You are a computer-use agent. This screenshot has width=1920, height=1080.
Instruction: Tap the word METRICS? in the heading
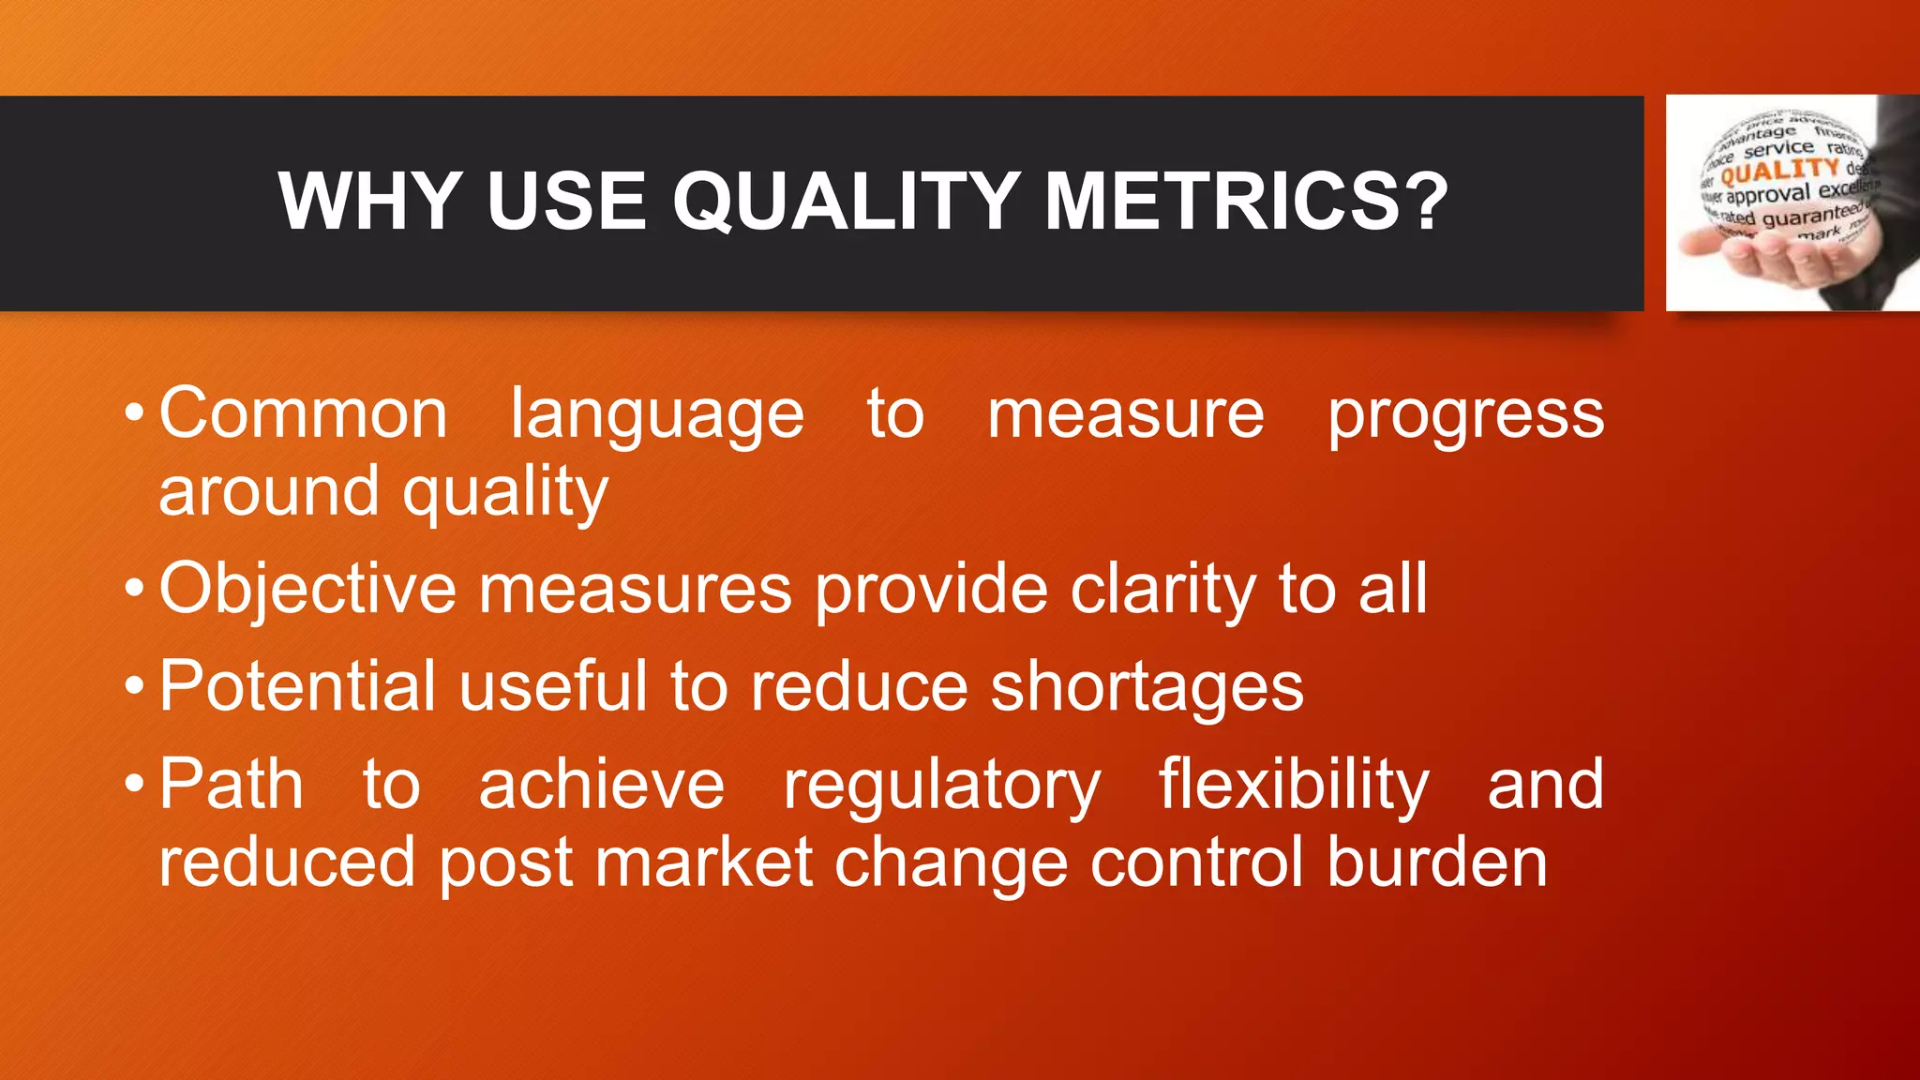[x=1246, y=202]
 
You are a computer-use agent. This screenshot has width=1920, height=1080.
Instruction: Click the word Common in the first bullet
[x=303, y=413]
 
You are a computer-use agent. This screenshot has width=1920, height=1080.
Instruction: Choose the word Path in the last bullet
[x=231, y=785]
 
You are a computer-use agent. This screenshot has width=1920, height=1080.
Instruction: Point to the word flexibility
[x=1294, y=785]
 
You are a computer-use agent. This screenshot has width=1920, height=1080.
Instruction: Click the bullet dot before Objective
[x=135, y=590]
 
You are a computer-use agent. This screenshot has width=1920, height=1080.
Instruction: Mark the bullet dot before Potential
[x=135, y=686]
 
